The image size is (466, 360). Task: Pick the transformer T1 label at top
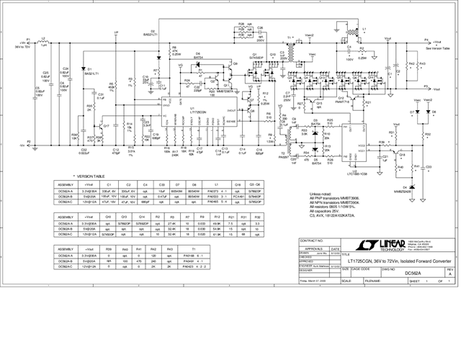point(290,35)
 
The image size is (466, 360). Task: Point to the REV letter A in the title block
point(451,274)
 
